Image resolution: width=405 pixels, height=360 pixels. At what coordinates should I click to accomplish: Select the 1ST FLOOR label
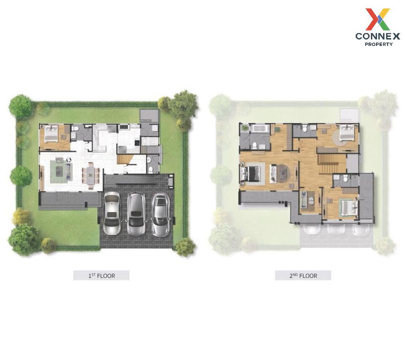[x=102, y=275]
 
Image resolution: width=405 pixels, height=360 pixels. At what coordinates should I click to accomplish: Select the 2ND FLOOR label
[x=303, y=275]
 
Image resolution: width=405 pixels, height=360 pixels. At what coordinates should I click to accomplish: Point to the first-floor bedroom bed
[x=51, y=134]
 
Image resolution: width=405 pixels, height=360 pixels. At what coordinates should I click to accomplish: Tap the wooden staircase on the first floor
[x=124, y=158]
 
